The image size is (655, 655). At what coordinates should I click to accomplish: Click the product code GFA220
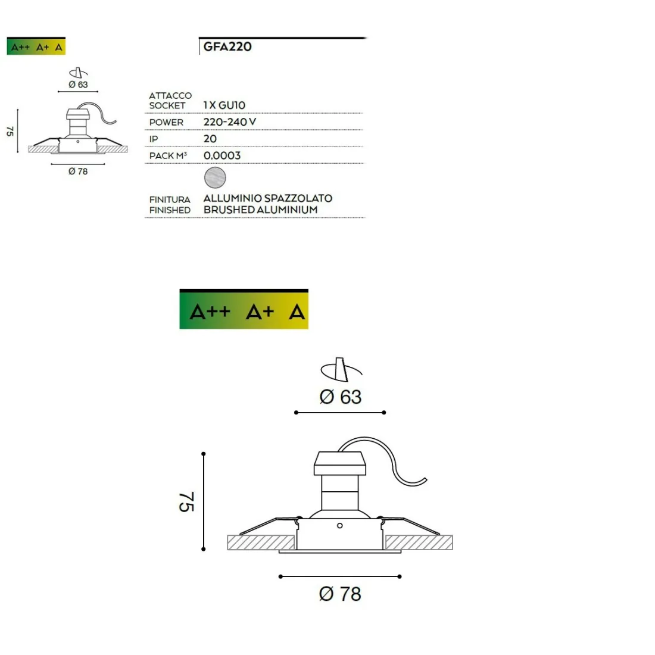(227, 47)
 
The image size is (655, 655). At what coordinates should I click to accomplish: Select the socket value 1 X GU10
(224, 105)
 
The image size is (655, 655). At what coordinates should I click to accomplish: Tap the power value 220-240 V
(229, 122)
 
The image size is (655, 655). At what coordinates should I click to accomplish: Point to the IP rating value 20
(210, 139)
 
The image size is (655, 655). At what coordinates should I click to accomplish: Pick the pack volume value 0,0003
(222, 155)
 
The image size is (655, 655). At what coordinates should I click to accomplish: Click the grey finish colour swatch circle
(215, 177)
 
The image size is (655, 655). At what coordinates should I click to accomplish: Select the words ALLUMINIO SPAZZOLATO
(267, 198)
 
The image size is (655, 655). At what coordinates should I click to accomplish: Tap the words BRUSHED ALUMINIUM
(260, 210)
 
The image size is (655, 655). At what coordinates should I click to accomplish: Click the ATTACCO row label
(170, 95)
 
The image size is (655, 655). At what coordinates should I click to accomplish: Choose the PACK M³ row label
(168, 156)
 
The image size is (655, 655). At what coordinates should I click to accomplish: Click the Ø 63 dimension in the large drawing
(341, 397)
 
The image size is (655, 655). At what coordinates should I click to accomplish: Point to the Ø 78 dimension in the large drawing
(340, 594)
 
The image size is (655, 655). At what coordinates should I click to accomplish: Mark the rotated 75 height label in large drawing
(186, 502)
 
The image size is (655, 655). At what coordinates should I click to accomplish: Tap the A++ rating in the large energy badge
(210, 311)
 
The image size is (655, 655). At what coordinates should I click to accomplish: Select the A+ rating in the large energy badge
(260, 311)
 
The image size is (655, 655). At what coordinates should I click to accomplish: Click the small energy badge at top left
(36, 47)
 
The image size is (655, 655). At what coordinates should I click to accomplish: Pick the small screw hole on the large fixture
(339, 525)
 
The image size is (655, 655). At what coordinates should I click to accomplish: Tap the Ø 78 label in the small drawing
(78, 171)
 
